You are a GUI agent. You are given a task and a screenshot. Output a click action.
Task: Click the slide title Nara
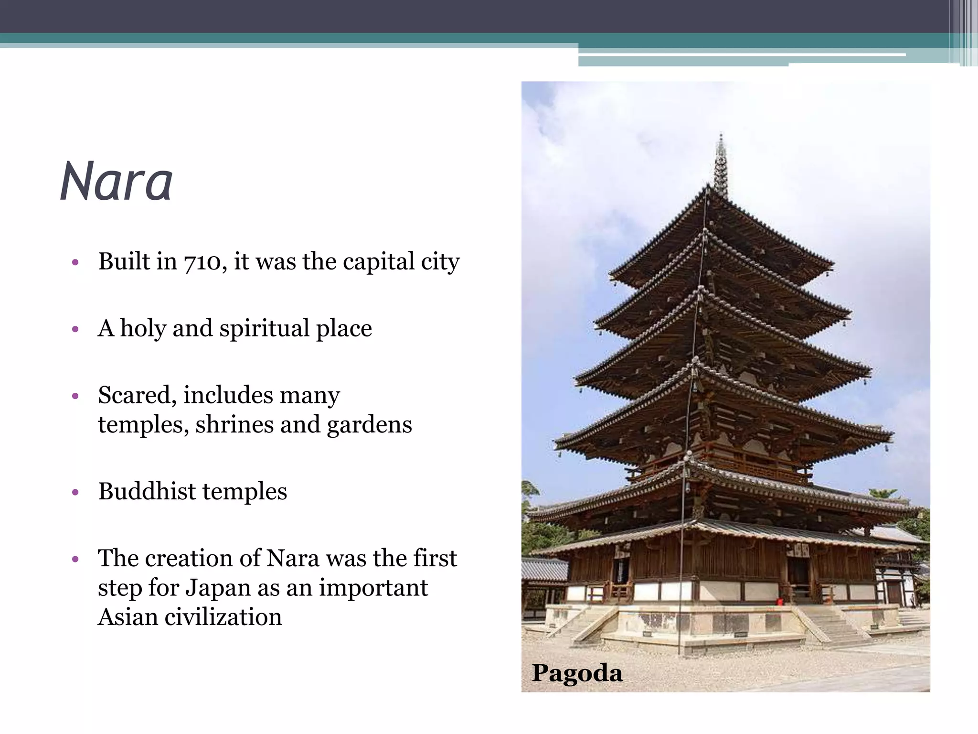point(116,182)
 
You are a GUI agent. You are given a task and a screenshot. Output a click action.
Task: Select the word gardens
point(369,425)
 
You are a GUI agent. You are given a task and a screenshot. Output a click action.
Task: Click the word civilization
point(223,617)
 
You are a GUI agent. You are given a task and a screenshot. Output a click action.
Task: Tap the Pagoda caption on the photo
point(577,673)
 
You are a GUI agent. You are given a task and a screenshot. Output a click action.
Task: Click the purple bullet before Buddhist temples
point(74,492)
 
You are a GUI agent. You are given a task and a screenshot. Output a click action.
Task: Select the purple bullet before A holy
point(74,329)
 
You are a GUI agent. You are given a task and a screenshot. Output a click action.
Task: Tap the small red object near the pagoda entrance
point(780,602)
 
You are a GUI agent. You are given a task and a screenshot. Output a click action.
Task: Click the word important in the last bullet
point(373,588)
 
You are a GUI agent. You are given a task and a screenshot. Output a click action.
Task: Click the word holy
point(142,329)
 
